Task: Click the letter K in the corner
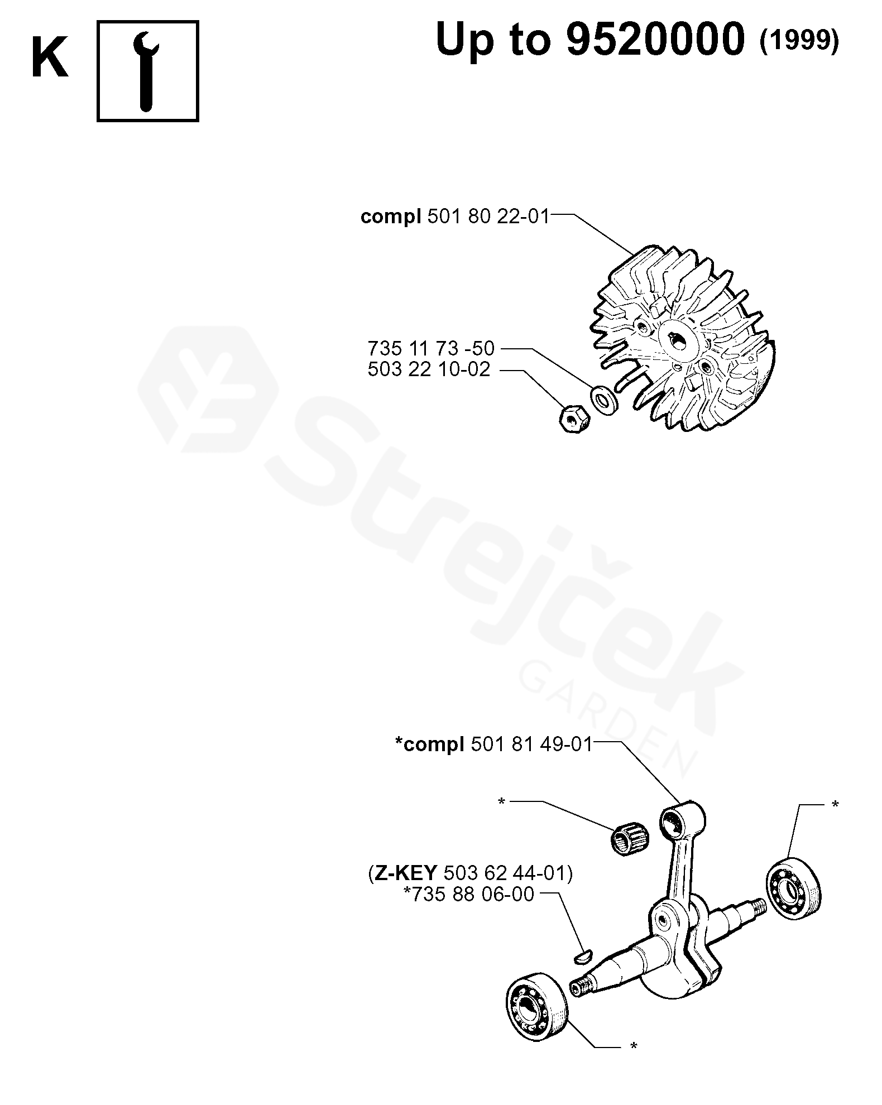[x=50, y=57]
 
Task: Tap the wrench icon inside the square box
[x=147, y=71]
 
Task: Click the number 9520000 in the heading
[x=655, y=40]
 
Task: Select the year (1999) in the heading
[x=799, y=41]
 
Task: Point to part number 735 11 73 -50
[x=431, y=349]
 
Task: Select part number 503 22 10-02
[x=429, y=369]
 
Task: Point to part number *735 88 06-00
[x=469, y=894]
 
